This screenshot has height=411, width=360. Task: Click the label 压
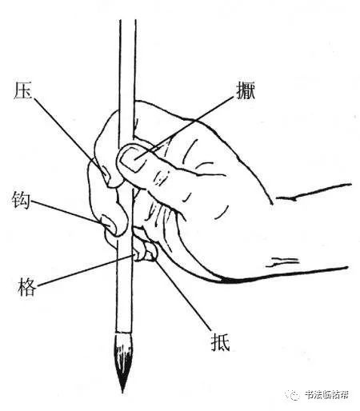pyautogui.click(x=22, y=90)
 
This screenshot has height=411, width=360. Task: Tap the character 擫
pyautogui.click(x=246, y=90)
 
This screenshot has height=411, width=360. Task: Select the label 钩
pyautogui.click(x=21, y=201)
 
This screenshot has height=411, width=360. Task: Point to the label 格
pyautogui.click(x=26, y=286)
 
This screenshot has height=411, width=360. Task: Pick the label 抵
pyautogui.click(x=220, y=342)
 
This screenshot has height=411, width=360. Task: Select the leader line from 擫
pyautogui.click(x=184, y=128)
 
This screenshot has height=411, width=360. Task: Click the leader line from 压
pyautogui.click(x=70, y=137)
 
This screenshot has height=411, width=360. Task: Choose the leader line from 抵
pyautogui.click(x=182, y=295)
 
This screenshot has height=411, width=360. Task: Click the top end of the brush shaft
pyautogui.click(x=128, y=21)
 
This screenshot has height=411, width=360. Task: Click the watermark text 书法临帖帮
pyautogui.click(x=326, y=394)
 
